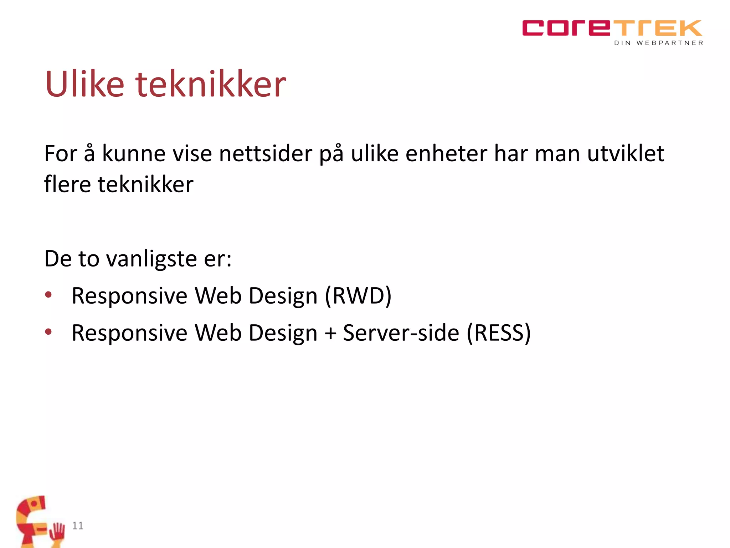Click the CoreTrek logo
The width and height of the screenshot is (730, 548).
coord(612,28)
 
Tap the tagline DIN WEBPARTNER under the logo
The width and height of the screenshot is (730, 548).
coord(658,43)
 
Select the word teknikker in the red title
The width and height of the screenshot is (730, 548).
coord(211,84)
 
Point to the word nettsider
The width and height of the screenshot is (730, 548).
coord(266,154)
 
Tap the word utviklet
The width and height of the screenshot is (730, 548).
coord(626,154)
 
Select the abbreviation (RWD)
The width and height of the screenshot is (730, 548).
coord(358,296)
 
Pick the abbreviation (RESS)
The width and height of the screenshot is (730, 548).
coord(499,333)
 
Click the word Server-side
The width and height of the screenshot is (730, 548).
coord(401,333)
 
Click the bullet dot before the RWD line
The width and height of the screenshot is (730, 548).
coord(48,295)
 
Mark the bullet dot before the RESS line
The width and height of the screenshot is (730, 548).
coord(48,332)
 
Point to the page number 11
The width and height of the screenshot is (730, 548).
coord(78,526)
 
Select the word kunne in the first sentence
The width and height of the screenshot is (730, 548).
coord(134,154)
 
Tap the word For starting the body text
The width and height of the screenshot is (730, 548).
coord(61,154)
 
